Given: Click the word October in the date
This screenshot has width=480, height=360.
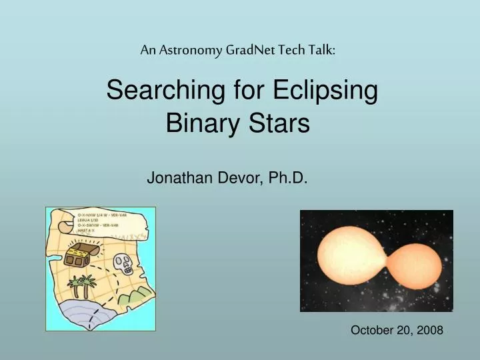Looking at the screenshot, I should point(373,329).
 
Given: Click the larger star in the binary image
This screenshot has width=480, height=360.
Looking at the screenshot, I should point(350,257).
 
